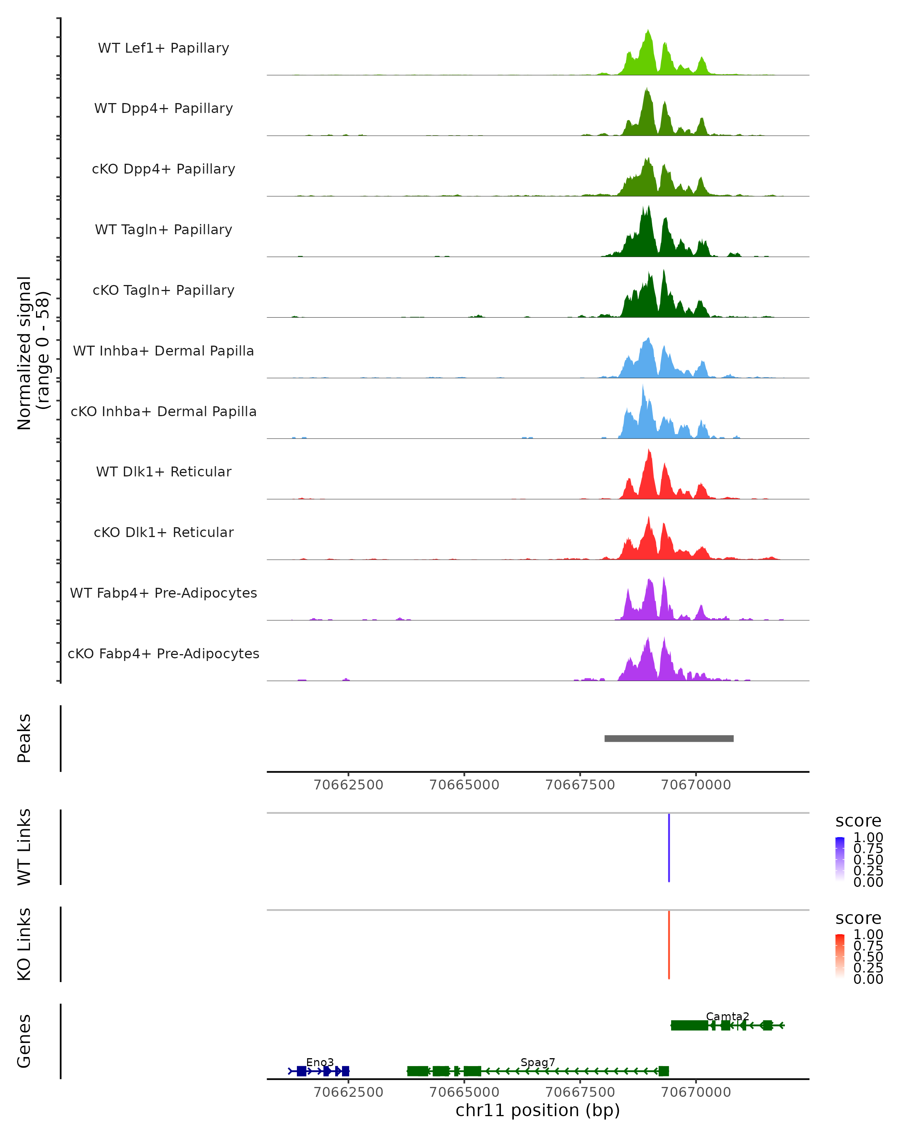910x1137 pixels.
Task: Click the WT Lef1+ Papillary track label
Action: (x=163, y=48)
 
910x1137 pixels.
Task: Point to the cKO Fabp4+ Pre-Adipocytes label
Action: (x=163, y=653)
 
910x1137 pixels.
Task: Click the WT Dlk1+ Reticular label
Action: (x=163, y=471)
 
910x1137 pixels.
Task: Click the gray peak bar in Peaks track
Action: (x=668, y=738)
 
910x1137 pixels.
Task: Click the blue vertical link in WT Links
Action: (x=669, y=848)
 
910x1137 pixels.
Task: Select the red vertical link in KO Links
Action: (x=669, y=945)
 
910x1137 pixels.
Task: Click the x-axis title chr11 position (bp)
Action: (x=538, y=1110)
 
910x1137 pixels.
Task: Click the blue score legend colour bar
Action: (x=840, y=858)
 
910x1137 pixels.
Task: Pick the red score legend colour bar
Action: (x=840, y=955)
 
